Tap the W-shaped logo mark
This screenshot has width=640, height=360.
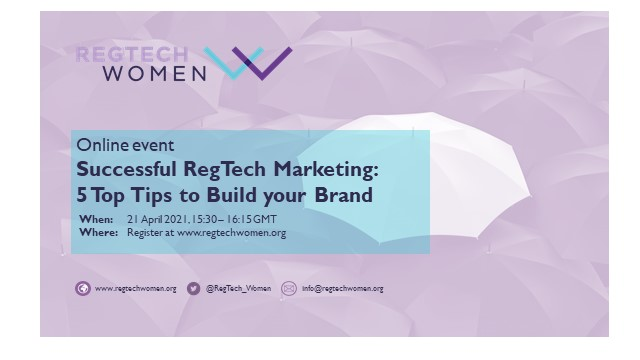click(x=248, y=63)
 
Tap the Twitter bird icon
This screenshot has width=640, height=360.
click(x=194, y=288)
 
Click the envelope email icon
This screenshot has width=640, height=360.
click(x=289, y=288)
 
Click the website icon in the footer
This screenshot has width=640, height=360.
click(x=83, y=288)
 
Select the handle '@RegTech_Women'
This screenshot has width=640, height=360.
click(x=238, y=289)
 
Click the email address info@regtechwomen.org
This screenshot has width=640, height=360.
click(x=343, y=289)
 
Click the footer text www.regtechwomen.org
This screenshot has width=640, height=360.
click(x=136, y=289)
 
